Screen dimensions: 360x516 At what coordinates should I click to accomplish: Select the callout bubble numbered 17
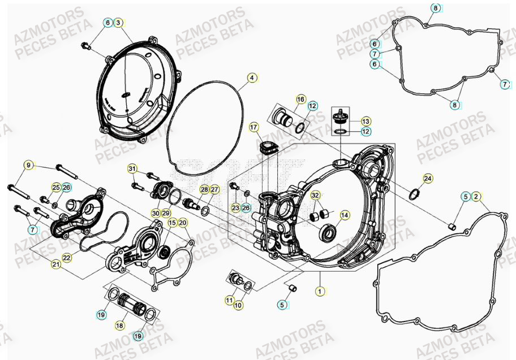click(253, 127)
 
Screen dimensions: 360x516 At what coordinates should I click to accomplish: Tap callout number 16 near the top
click(300, 99)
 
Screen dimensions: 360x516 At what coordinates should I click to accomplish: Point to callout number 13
click(365, 121)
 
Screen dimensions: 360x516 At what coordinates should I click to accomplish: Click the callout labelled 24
click(428, 179)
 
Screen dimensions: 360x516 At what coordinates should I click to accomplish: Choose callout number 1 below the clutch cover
click(320, 291)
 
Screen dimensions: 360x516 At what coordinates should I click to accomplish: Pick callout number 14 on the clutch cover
click(345, 215)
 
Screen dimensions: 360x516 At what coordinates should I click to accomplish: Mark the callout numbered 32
click(316, 195)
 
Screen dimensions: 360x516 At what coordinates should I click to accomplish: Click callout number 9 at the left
click(27, 165)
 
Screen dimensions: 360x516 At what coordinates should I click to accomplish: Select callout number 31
click(132, 169)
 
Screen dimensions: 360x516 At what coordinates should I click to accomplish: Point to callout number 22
click(67, 258)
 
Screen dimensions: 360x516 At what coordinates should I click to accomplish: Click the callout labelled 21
click(55, 264)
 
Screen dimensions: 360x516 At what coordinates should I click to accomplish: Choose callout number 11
click(229, 299)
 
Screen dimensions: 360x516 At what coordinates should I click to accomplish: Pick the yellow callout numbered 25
click(56, 187)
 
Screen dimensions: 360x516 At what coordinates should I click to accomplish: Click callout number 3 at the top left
click(118, 23)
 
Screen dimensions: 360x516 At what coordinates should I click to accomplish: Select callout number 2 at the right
click(476, 196)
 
